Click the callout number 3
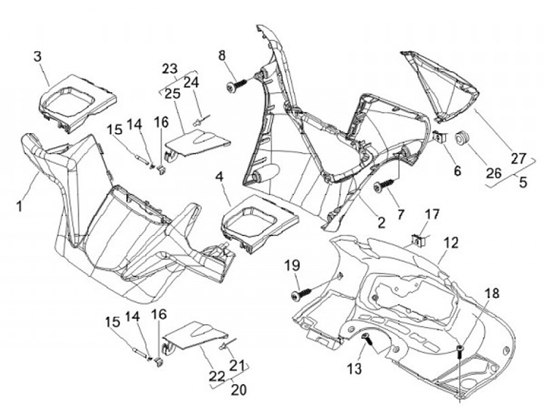(38, 57)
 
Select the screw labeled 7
(385, 184)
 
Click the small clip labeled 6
(440, 138)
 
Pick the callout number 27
(518, 159)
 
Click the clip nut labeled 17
(416, 240)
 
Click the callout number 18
(492, 293)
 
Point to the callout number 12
(451, 243)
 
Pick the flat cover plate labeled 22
(195, 338)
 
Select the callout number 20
(239, 389)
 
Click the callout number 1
(20, 206)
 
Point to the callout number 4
(219, 177)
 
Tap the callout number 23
(170, 69)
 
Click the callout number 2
(382, 222)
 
